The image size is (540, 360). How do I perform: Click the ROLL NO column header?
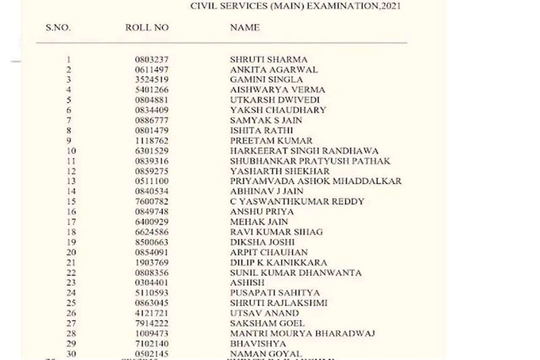[x=147, y=28]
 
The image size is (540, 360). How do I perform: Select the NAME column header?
[x=245, y=28]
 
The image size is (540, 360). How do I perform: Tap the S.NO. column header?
[x=58, y=28]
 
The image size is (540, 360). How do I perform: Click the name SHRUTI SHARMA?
[x=269, y=60]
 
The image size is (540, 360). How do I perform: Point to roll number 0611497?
[x=151, y=70]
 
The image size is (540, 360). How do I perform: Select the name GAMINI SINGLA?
[x=266, y=80]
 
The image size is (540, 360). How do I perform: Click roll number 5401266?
[x=151, y=90]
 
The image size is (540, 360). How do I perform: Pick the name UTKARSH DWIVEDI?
[x=275, y=100]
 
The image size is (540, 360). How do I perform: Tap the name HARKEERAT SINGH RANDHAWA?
[x=304, y=151]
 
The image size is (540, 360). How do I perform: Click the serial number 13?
[x=71, y=181]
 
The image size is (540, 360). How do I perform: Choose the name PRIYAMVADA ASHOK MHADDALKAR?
[x=316, y=181]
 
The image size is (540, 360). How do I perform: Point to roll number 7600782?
[x=151, y=201]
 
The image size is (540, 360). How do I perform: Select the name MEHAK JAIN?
[x=259, y=222]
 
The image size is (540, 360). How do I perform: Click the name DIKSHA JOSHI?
[x=262, y=242]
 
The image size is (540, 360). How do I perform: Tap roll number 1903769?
[x=151, y=263]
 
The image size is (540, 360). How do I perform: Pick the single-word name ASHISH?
[x=247, y=283]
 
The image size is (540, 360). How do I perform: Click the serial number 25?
[x=71, y=303]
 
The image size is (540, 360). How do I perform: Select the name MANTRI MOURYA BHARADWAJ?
[x=302, y=333]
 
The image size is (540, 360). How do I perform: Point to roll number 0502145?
[x=151, y=354]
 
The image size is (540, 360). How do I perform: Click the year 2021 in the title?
[x=390, y=6]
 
